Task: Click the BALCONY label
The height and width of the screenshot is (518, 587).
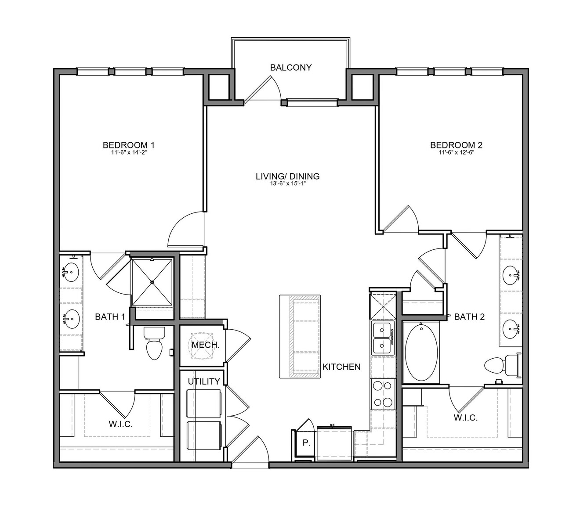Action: click(290, 68)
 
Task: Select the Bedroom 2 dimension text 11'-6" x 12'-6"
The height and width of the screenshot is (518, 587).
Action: click(457, 152)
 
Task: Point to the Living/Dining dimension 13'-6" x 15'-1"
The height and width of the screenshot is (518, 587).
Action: click(287, 183)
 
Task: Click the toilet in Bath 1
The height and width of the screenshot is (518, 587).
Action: click(154, 343)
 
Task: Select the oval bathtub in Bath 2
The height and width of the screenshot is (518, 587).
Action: click(421, 353)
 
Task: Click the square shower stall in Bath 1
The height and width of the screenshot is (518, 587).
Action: click(152, 282)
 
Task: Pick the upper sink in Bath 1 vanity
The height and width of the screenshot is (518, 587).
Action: click(71, 272)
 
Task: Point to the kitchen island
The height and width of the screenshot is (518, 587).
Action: click(300, 336)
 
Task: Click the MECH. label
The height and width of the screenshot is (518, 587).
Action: click(205, 345)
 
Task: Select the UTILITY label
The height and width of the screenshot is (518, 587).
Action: click(204, 381)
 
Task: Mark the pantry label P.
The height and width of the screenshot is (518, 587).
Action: click(305, 443)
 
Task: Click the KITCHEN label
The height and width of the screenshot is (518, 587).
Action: click(341, 367)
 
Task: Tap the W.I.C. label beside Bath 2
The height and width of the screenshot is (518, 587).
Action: click(466, 417)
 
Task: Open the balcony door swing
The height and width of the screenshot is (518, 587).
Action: click(263, 88)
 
